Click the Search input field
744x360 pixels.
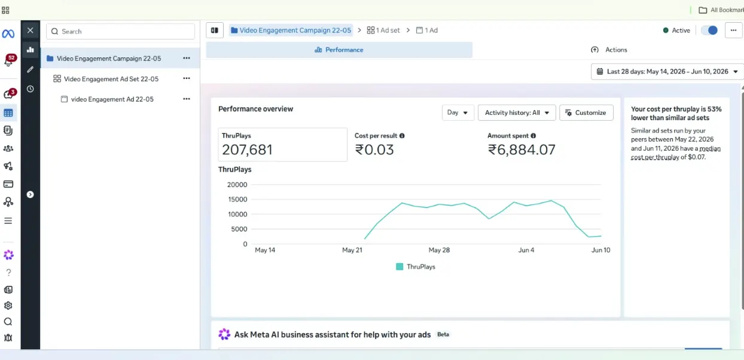click(x=120, y=31)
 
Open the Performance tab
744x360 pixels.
click(x=339, y=50)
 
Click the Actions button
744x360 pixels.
click(x=609, y=50)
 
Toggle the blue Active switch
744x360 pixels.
click(x=709, y=30)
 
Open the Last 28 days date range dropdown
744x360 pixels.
click(x=667, y=71)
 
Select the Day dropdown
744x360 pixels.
click(x=458, y=112)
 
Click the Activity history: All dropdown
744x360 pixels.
click(x=517, y=112)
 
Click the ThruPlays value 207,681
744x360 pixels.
click(x=247, y=150)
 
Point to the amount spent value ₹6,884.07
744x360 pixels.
click(x=522, y=150)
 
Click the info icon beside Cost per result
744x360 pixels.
click(x=402, y=136)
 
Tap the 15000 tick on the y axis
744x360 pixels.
click(x=237, y=199)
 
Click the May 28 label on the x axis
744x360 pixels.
click(x=439, y=250)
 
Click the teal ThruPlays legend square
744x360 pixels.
click(x=400, y=267)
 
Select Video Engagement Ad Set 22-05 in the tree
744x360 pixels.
click(x=111, y=79)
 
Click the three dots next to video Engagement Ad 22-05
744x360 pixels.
click(x=187, y=99)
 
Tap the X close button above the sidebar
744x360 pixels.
click(x=31, y=30)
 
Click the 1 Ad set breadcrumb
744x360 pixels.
click(x=383, y=30)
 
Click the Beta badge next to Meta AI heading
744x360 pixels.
click(x=443, y=334)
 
